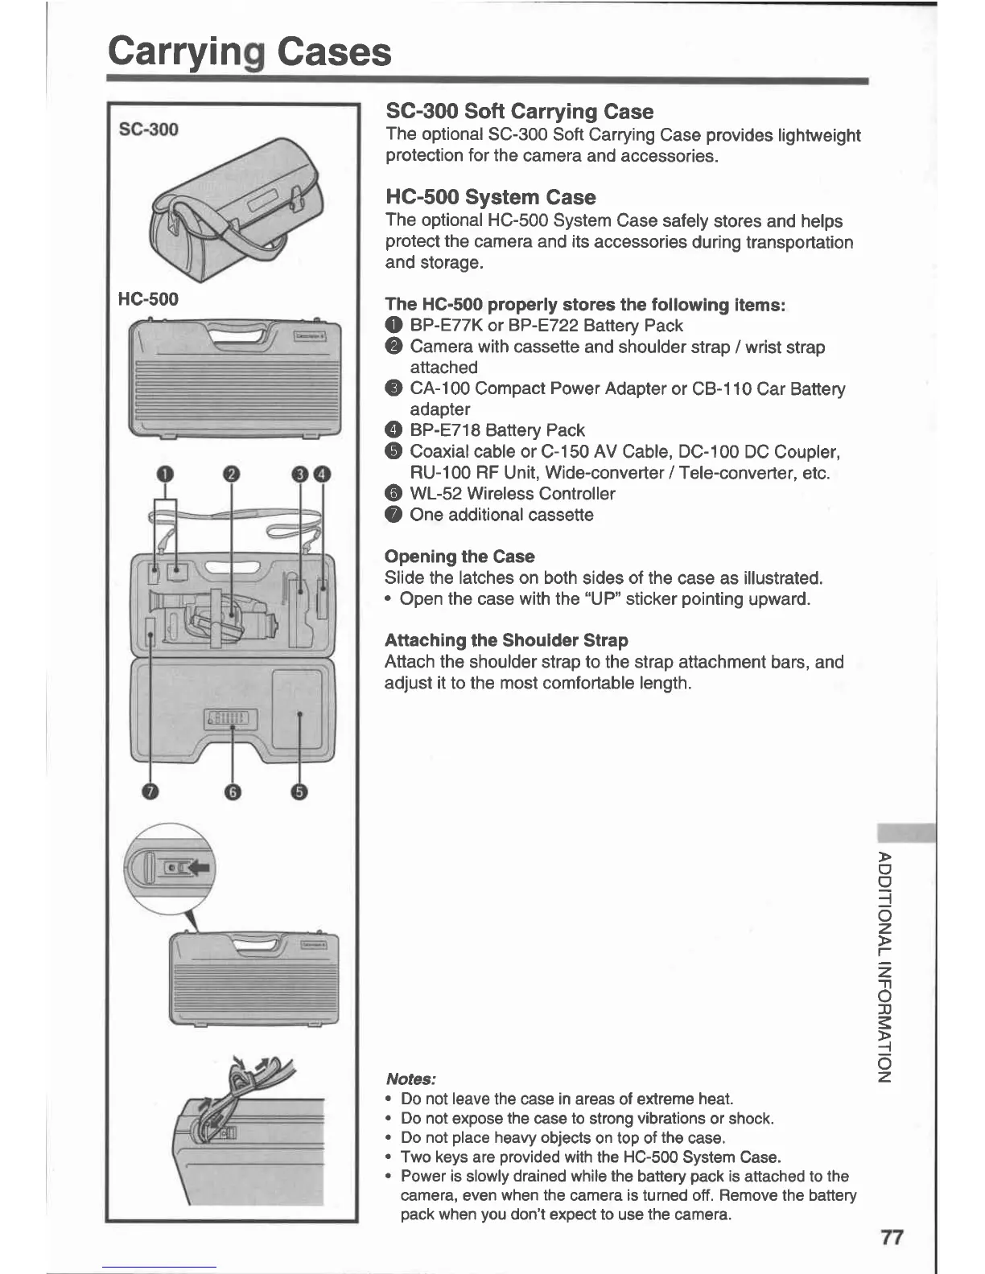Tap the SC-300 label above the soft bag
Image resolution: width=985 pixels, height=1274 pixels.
[149, 129]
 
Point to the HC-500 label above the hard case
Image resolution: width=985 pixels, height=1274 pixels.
[148, 299]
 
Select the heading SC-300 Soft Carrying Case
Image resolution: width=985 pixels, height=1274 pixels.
[519, 111]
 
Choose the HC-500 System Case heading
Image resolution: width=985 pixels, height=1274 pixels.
[491, 197]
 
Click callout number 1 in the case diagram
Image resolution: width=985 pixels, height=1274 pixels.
[164, 474]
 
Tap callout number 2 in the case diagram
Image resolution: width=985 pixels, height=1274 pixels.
[232, 474]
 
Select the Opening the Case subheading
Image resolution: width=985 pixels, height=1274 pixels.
[460, 557]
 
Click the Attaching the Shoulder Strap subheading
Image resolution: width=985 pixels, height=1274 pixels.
[506, 640]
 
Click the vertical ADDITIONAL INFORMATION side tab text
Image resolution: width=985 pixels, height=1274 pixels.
[884, 965]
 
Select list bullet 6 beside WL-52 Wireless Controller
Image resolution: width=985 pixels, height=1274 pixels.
[393, 494]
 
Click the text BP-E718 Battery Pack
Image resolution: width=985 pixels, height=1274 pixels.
[497, 430]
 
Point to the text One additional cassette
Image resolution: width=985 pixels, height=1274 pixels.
[501, 515]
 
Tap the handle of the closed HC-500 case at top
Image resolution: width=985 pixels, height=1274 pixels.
[233, 334]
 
